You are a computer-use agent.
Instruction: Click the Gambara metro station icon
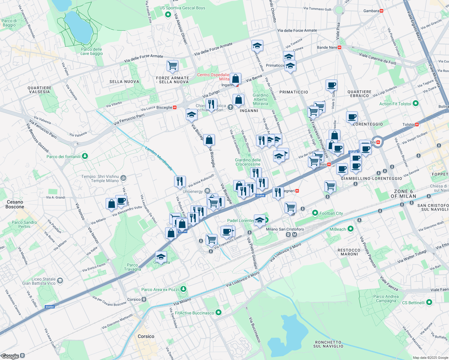[381, 11]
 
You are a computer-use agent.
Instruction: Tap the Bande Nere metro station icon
[339, 47]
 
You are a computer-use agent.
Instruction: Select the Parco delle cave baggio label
[92, 51]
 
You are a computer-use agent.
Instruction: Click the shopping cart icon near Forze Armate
[173, 65]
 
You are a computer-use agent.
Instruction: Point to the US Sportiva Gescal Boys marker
[168, 14]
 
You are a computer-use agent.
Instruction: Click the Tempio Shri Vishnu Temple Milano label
[101, 178]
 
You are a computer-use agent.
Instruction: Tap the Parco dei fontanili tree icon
[85, 156]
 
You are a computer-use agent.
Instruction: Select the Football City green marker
[315, 213]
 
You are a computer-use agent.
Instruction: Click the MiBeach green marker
[350, 229]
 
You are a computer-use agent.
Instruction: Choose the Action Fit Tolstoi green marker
[416, 103]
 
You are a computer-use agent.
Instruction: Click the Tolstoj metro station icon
[417, 124]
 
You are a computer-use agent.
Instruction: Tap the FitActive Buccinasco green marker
[218, 313]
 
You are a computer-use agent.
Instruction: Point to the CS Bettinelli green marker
[429, 302]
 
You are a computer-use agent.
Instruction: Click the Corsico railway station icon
[144, 299]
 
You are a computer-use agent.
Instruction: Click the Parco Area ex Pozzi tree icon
[183, 289]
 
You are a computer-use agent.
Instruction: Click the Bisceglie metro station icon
[174, 107]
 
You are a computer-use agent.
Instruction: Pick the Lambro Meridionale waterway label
[159, 158]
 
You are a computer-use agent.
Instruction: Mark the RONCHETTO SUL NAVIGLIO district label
[328, 344]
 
